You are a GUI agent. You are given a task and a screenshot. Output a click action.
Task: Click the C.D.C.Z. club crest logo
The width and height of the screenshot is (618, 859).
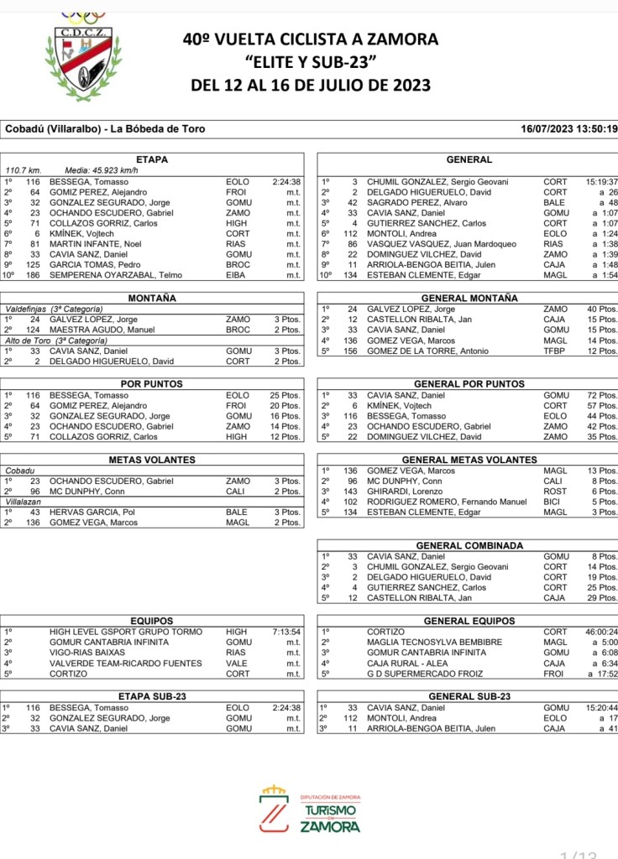[81, 55]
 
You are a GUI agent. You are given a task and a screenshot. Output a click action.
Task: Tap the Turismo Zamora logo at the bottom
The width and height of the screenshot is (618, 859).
[310, 809]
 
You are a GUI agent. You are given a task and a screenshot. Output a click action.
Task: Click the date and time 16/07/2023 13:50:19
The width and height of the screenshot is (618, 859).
[569, 129]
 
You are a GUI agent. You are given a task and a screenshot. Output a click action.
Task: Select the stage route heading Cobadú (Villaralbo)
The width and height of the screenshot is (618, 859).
[105, 129]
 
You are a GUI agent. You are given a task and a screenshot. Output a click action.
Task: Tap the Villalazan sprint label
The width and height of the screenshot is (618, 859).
[24, 502]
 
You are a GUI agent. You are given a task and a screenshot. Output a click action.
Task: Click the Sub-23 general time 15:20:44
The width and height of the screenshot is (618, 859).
[601, 707]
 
